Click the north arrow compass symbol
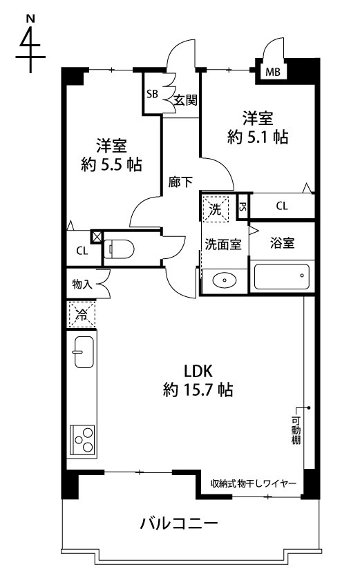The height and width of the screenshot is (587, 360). click(30, 45)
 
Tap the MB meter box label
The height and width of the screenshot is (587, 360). click(273, 72)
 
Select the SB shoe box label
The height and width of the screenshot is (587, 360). click(152, 94)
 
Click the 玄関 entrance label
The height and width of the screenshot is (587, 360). click(186, 100)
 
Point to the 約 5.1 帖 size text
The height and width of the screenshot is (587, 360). click(258, 137)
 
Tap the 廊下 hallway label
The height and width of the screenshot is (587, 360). click(180, 182)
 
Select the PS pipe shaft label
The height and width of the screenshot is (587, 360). click(243, 206)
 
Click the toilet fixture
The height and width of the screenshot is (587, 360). click(119, 249)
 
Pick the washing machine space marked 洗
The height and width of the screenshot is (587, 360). click(215, 209)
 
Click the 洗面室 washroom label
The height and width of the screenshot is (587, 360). click(223, 244)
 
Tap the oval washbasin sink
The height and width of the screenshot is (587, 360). click(224, 280)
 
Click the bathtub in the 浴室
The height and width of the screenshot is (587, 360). click(282, 277)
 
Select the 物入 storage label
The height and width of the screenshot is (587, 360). click(82, 284)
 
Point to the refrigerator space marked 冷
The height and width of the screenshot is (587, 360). click(82, 314)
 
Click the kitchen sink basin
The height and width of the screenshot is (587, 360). click(84, 352)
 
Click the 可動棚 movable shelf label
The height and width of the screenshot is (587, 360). click(296, 430)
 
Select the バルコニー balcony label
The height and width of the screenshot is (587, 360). click(179, 523)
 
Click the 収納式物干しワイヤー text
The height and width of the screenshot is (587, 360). click(254, 483)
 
